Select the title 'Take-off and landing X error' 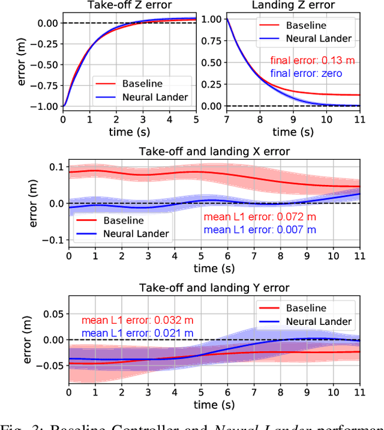tap(215, 151)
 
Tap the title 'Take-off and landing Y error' tap(215, 288)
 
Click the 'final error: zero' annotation tap(306, 73)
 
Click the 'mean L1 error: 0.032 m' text tap(136, 320)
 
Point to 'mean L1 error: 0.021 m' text tap(136, 333)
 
